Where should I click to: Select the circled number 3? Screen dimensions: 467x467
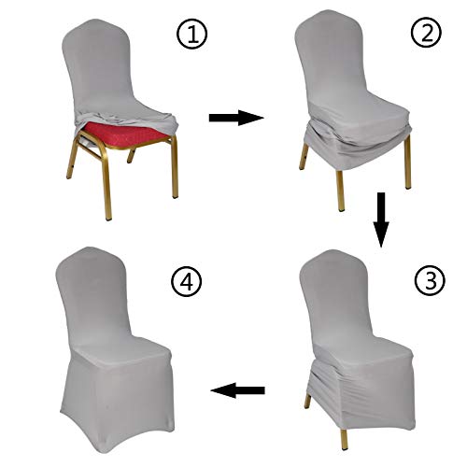coord(424,278)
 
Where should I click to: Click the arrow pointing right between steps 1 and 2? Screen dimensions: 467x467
coord(233,118)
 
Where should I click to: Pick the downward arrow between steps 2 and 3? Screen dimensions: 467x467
coord(378,220)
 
